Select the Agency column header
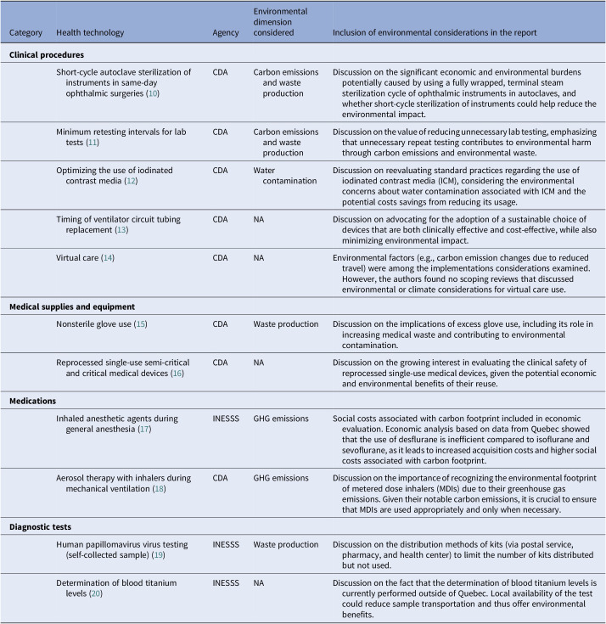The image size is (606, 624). tap(224, 33)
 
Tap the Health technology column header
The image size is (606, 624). tap(90, 33)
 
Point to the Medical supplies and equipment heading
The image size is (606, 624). tap(73, 306)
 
